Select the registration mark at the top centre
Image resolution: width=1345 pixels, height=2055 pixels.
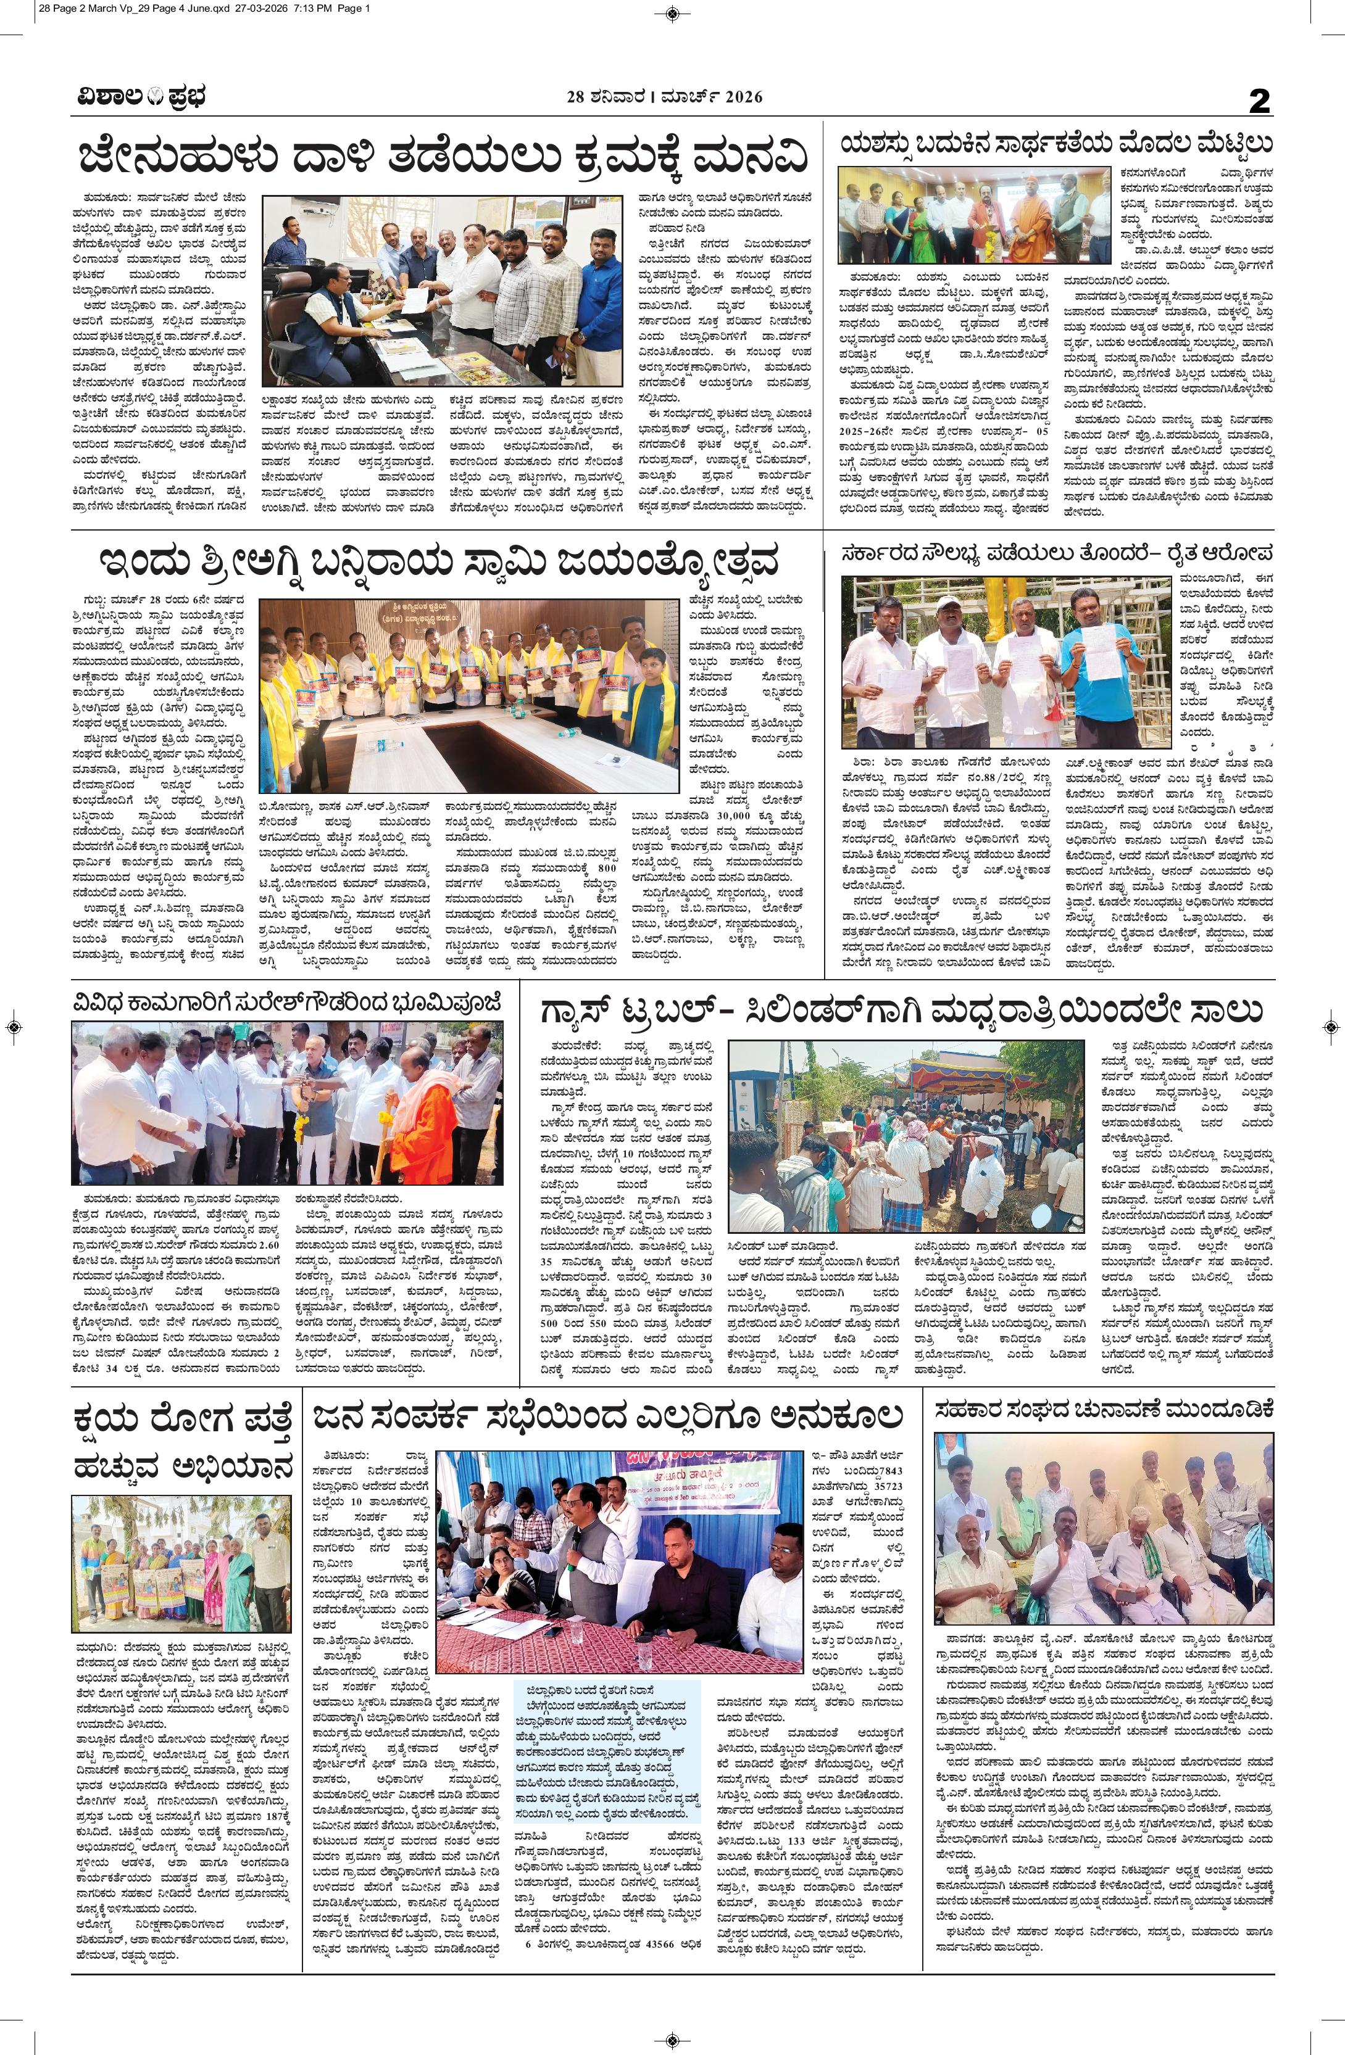point(672,12)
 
